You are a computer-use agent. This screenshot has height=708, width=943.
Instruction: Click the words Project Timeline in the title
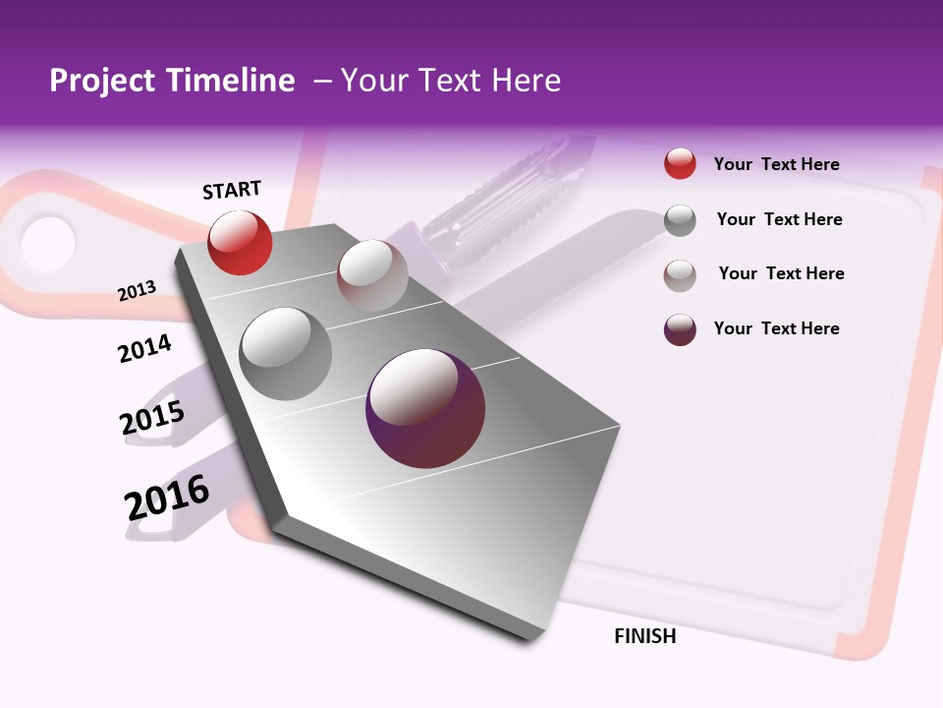coord(172,81)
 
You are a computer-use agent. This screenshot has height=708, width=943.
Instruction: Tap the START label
coord(232,190)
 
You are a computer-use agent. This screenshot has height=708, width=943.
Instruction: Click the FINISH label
coord(645,636)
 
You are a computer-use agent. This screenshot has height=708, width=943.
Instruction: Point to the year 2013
coord(138,291)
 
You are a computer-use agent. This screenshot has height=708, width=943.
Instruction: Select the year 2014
coord(145,348)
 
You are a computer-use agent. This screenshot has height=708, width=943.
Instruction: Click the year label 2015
coord(152,417)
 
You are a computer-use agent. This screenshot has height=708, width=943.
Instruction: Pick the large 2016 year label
coord(167,498)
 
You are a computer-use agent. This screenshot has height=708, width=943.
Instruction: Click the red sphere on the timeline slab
coord(240,242)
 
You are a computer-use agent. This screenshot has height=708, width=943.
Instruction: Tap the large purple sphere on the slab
coord(425,408)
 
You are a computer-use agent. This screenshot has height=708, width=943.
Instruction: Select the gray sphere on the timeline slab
coord(285,353)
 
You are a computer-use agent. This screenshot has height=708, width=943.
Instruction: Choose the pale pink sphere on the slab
coord(372,274)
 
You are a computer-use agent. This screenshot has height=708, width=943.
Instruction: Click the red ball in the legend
coord(680,163)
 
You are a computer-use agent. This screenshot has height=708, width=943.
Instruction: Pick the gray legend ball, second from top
coord(680,220)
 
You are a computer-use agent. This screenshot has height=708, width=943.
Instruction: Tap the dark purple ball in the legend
coord(680,329)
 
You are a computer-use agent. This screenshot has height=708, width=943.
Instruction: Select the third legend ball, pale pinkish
coord(680,275)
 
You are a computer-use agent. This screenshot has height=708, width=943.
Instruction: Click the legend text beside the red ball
coord(776,164)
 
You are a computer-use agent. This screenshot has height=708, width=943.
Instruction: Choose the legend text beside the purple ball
coord(776,328)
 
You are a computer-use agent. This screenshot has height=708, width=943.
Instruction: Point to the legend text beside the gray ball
coord(779,219)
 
